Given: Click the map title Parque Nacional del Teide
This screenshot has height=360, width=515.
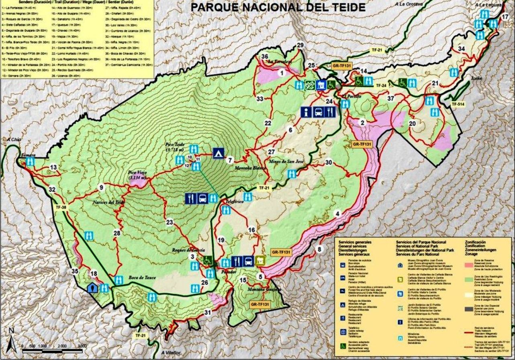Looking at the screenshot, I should point(278,7).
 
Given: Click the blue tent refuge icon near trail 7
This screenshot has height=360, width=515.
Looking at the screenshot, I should point(218,153).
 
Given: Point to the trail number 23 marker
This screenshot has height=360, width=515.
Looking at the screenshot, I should point(170,222).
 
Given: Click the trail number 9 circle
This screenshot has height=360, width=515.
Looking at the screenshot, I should point(102,187).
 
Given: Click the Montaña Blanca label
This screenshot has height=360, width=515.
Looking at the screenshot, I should point(252,168).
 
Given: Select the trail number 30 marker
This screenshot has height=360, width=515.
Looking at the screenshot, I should point(329,162).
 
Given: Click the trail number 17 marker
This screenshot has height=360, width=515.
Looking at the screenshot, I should point(505,17).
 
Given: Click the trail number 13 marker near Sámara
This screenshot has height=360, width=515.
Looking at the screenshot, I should point(53,167).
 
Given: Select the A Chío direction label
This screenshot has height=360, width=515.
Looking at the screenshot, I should point(14,139).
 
